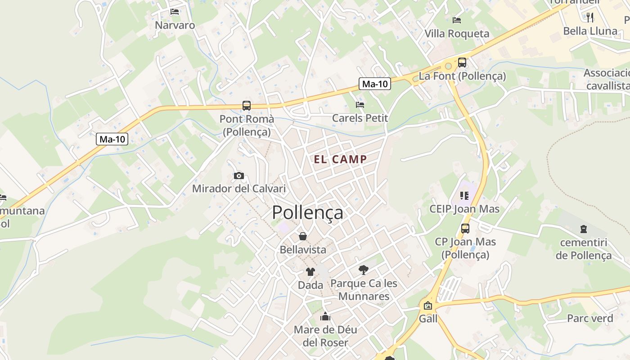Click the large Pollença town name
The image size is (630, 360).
[307, 212]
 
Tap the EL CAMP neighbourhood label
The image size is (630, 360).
[340, 159]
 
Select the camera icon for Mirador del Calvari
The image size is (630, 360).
[239, 175]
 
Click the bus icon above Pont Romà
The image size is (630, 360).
[247, 106]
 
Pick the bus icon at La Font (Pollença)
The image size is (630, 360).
[462, 63]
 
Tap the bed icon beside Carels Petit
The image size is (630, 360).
[360, 105]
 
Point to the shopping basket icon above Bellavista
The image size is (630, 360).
[303, 236]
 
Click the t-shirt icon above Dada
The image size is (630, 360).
[310, 271]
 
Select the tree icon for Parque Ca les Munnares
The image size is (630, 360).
[364, 270]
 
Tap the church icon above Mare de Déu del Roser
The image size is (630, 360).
[325, 316]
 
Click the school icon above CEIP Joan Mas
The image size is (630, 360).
[464, 196]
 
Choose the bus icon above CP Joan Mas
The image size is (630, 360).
[465, 229]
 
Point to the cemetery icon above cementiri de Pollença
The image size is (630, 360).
[584, 229]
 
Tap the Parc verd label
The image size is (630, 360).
[590, 319]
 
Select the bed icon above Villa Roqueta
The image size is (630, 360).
[457, 20]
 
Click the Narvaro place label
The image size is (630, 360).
[175, 25]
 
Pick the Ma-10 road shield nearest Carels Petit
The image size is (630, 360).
[375, 84]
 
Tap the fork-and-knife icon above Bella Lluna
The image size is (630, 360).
[590, 18]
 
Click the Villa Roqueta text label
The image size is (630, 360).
[457, 34]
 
